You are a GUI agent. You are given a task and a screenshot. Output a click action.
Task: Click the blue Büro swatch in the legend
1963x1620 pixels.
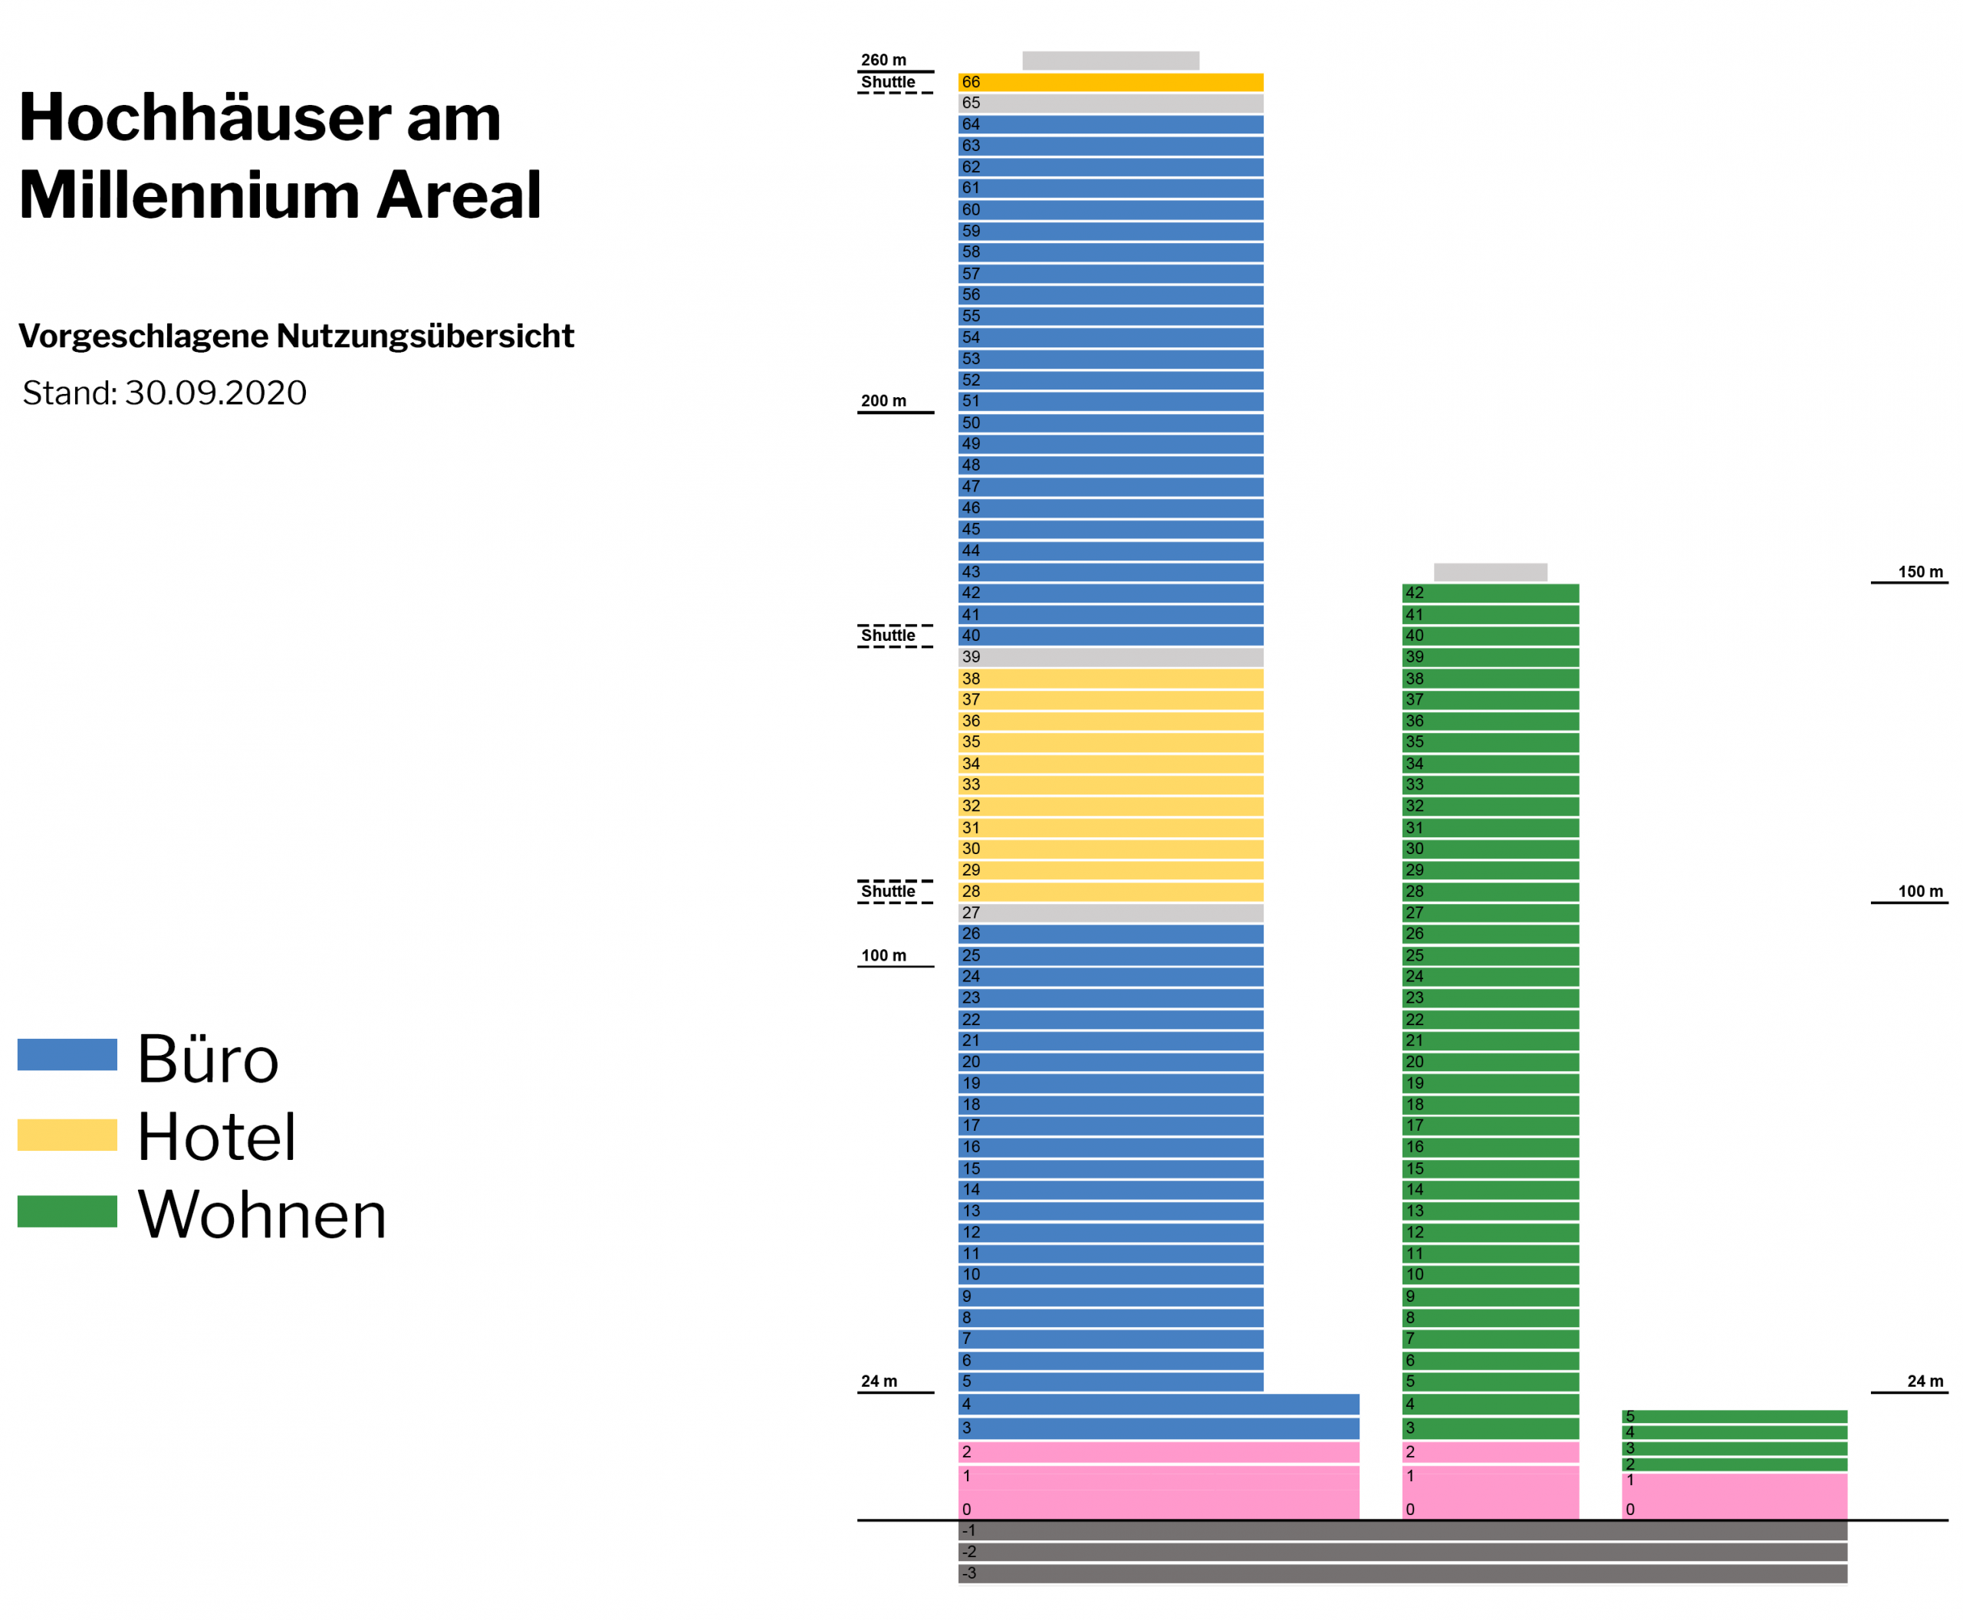click(x=67, y=1054)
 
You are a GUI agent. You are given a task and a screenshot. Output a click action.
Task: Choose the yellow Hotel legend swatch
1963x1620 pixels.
click(x=67, y=1134)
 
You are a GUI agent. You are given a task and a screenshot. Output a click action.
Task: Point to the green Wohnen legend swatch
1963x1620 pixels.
click(x=67, y=1211)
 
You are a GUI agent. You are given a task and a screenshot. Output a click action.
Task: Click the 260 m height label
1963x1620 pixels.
click(x=883, y=61)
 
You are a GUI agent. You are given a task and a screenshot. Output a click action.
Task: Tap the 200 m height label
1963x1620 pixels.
click(x=883, y=401)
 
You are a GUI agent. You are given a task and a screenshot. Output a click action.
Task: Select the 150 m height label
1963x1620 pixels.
click(x=1919, y=572)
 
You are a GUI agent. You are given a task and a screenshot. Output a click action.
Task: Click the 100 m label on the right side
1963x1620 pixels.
click(x=1919, y=891)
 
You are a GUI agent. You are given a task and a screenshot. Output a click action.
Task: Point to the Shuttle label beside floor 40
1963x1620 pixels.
click(x=888, y=636)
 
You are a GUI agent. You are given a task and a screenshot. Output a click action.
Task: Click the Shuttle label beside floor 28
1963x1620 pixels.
click(x=888, y=891)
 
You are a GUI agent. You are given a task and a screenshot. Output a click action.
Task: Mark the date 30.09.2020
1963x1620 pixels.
click(x=215, y=393)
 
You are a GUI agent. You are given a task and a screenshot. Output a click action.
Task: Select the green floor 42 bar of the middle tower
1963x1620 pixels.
click(x=1490, y=593)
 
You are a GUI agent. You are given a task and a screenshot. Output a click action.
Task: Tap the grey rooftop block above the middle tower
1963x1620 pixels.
click(x=1490, y=572)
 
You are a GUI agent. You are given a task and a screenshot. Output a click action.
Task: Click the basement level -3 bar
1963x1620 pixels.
click(x=1402, y=1573)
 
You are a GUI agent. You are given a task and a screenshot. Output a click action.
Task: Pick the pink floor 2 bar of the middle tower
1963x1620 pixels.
click(x=1490, y=1452)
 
